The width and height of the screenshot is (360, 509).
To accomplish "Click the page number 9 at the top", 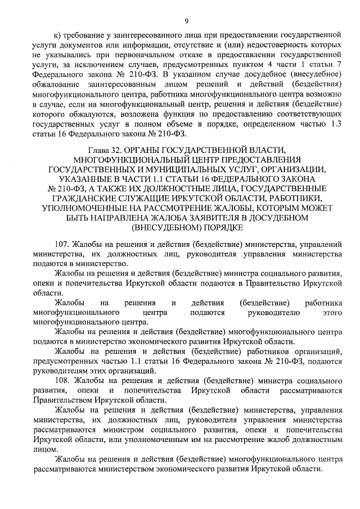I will point(184,21).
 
